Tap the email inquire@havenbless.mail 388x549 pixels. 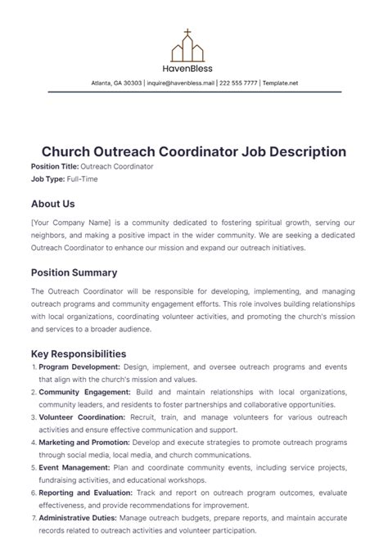(181, 83)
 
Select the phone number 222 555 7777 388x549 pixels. (239, 83)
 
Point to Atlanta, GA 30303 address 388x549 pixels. (116, 83)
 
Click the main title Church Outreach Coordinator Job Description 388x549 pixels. (194, 151)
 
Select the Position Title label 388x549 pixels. (54, 166)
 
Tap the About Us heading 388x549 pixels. (52, 204)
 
